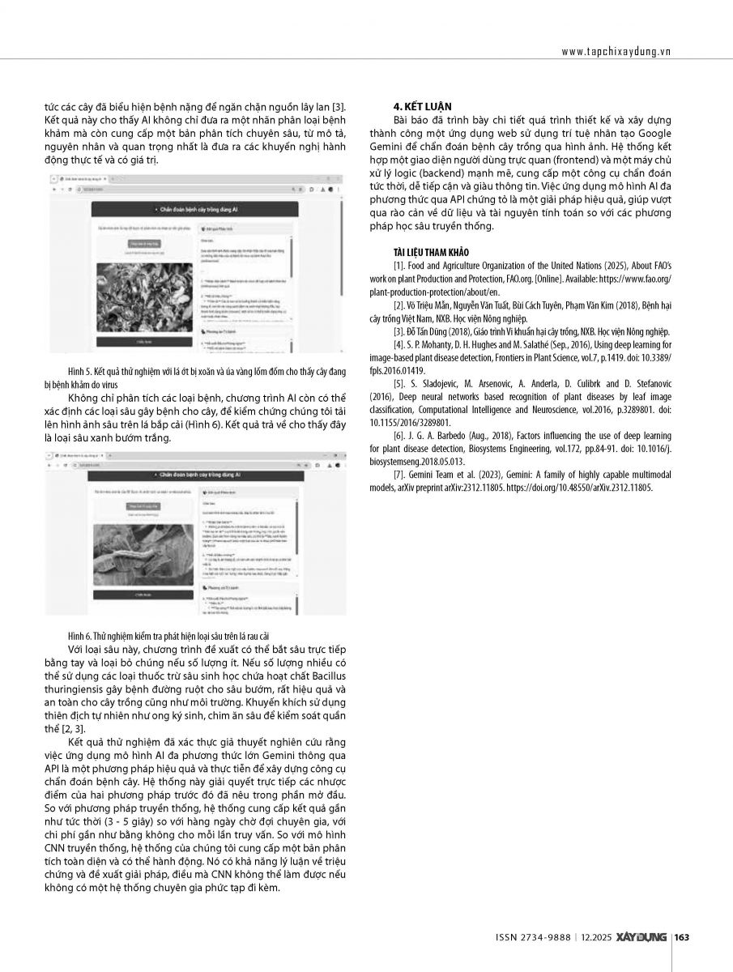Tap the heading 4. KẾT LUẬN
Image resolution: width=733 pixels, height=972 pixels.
point(423,107)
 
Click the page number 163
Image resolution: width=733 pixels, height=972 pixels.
point(681,937)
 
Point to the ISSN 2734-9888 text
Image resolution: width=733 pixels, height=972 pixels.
point(531,937)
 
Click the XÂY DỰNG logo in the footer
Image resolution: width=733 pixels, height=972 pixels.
point(641,937)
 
